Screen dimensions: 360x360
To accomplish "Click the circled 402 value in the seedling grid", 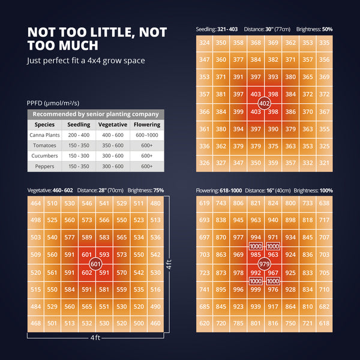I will (264, 104).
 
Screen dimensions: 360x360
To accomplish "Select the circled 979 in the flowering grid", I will (264, 264).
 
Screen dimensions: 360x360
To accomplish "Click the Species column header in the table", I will (45, 125).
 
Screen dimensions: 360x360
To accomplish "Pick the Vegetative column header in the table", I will (113, 125).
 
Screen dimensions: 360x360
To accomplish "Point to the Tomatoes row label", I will (45, 146).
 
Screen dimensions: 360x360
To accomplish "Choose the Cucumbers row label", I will (45, 156).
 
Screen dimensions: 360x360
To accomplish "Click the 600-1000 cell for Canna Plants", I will (147, 136).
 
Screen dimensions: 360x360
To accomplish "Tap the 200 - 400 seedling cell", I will (79, 136).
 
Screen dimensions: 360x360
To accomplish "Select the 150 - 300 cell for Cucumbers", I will (79, 156).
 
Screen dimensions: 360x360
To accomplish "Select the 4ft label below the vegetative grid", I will (95, 338).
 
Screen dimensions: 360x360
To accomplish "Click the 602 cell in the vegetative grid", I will (87, 272).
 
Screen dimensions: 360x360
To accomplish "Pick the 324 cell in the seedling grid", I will (205, 43).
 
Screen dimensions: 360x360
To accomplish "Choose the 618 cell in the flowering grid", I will (325, 323).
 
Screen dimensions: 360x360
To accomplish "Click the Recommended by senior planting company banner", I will (95, 114).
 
